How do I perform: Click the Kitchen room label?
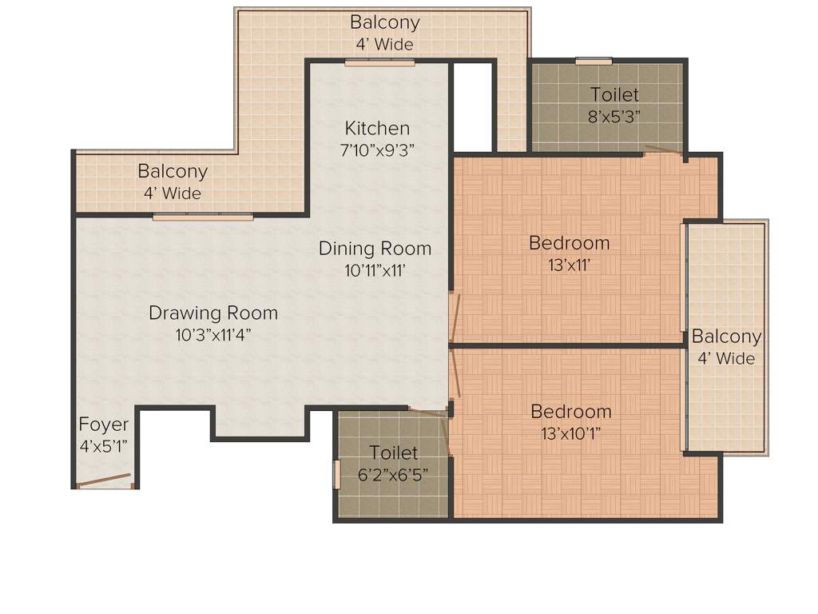point(377,128)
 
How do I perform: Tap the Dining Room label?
point(375,249)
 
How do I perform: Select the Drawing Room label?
point(213,313)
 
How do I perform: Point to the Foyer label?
point(103,425)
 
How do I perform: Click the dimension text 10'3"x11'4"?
point(213,334)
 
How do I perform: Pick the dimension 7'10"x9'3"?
point(377,149)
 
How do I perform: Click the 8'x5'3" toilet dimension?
point(614,115)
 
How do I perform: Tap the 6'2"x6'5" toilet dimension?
point(393,473)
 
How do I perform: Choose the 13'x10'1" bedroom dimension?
point(570,433)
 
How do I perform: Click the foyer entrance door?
point(104,481)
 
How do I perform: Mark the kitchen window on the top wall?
point(379,62)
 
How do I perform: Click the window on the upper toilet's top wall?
point(594,61)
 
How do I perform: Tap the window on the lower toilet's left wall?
point(336,473)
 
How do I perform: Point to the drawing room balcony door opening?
point(203,216)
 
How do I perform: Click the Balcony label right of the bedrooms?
point(726,337)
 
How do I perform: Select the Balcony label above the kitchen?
point(384,22)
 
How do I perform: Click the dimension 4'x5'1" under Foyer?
point(103,446)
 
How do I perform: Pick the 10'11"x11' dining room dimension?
point(375,270)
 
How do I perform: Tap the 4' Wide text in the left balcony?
point(173,193)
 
